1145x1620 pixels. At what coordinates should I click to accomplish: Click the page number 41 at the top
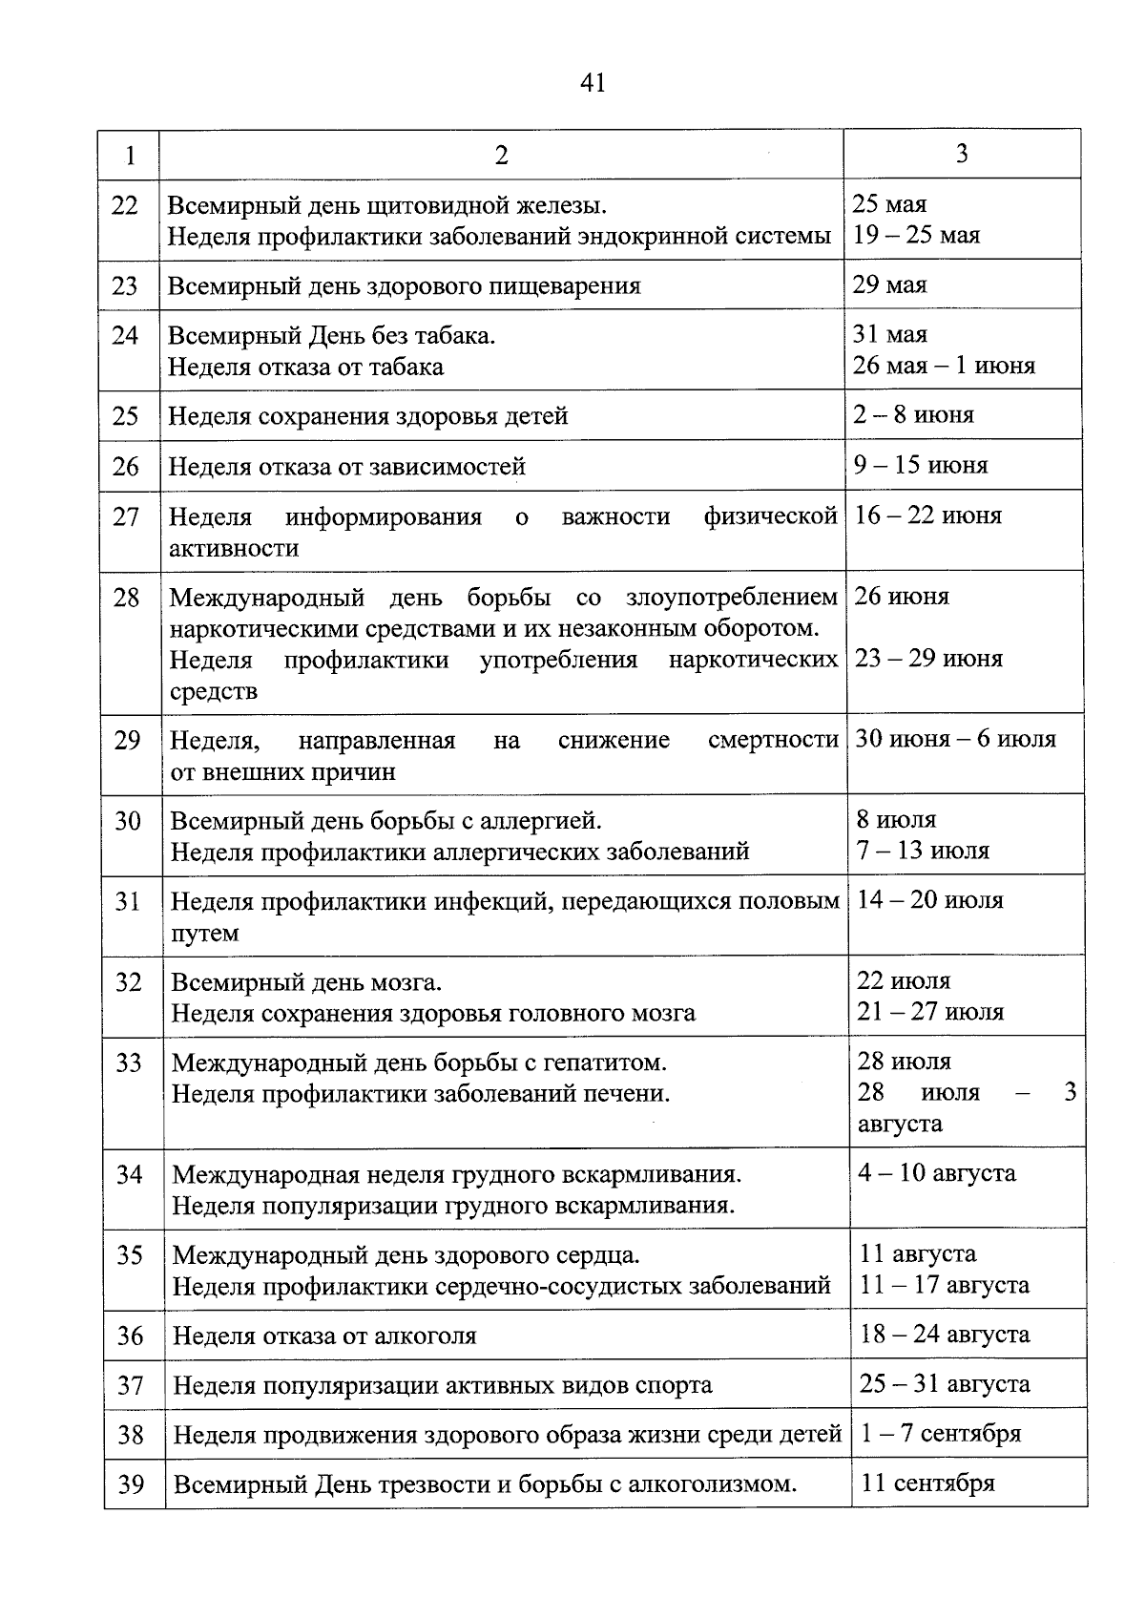593,83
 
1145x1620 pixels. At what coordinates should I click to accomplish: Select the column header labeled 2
502,155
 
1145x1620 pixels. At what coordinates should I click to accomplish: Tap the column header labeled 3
962,153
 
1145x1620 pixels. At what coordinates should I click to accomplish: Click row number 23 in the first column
125,285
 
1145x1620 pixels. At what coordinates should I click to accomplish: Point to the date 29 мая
889,284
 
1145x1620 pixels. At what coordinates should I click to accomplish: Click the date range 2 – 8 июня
914,414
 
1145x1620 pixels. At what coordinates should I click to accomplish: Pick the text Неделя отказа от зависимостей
347,467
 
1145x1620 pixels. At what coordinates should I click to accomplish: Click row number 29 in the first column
127,741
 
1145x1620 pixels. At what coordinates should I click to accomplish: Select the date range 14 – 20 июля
930,900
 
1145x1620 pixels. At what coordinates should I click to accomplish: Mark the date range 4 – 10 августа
937,1173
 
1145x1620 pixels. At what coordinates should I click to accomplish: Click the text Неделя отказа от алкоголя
324,1336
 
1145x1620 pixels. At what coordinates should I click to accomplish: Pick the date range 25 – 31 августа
945,1383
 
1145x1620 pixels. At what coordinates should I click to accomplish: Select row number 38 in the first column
130,1435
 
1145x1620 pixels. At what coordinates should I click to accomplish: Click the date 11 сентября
927,1483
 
